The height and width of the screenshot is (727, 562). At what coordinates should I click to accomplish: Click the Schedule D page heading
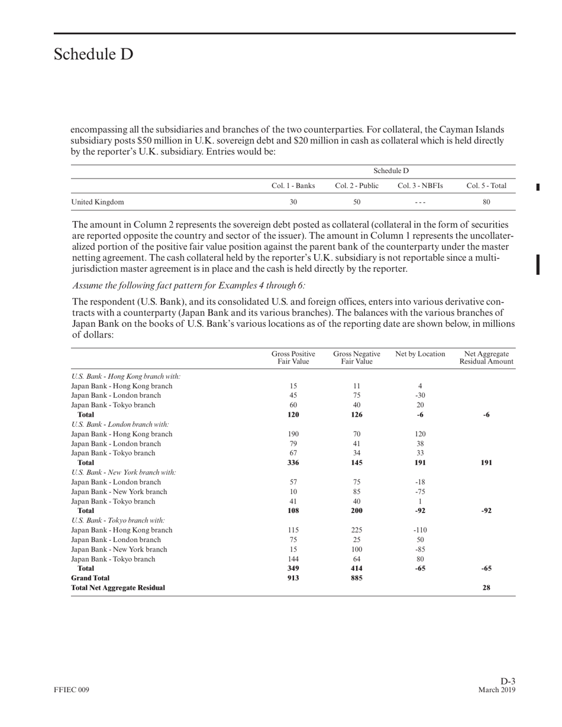coord(93,54)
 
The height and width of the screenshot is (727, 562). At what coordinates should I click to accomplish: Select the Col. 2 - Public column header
coord(357,186)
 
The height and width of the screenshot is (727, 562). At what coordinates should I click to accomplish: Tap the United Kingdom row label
coord(98,202)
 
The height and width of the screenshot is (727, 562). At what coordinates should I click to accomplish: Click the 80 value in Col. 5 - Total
coord(486,202)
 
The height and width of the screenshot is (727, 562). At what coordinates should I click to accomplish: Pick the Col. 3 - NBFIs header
coord(420,186)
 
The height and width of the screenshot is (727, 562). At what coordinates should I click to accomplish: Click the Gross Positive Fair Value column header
coord(293,358)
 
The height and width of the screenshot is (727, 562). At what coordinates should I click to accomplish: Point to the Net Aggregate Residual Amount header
coord(486,358)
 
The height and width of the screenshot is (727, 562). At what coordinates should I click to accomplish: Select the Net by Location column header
coord(420,354)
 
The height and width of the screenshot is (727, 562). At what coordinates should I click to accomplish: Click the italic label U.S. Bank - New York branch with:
coord(124,472)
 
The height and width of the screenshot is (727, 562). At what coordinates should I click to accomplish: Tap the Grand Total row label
coord(91,577)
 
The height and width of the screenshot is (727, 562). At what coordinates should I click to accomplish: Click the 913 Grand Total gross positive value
coord(293,577)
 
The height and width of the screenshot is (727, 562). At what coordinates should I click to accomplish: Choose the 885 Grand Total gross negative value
coord(357,577)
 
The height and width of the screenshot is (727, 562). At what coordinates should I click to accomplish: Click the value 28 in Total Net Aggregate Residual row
coord(486,588)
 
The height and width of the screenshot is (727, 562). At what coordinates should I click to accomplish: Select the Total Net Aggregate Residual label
coord(118,588)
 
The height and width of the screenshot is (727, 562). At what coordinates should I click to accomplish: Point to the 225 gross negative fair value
coord(357,530)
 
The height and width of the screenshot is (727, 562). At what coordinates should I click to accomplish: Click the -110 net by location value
coord(420,530)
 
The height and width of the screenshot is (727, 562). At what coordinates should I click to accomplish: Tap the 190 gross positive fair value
coord(293,434)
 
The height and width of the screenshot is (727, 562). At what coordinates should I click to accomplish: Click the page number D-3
coord(508,681)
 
